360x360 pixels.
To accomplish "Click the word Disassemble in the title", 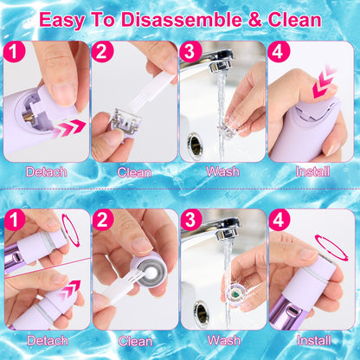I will (x=190, y=18).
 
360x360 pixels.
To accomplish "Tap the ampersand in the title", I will (x=254, y=18).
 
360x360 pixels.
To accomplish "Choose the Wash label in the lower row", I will (x=223, y=341).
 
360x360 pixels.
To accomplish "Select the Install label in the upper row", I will (x=312, y=171).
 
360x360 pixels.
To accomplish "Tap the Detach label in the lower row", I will (x=46, y=341).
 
